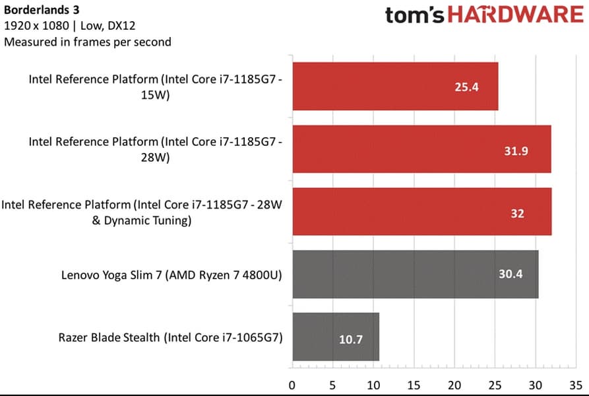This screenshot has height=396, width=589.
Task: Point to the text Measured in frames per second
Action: pos(88,42)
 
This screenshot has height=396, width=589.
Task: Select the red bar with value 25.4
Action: pos(394,86)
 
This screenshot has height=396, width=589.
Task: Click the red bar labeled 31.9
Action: pos(421,149)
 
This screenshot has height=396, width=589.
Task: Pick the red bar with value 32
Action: pos(421,212)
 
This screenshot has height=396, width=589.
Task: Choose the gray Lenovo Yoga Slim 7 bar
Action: pos(415,274)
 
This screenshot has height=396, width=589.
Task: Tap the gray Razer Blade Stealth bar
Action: pos(335,337)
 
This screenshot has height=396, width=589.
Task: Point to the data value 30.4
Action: pos(510,274)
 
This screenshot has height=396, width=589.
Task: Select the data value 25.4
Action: pos(466,86)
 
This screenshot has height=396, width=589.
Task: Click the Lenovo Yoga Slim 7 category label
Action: pos(171,275)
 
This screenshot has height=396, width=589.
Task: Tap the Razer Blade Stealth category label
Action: pos(170,337)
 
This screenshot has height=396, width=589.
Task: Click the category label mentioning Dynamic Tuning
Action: pos(142,213)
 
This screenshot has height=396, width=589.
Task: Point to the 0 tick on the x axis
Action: pos(292,383)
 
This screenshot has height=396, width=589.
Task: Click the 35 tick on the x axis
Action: pos(576,383)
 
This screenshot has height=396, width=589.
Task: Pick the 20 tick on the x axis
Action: pos(454,383)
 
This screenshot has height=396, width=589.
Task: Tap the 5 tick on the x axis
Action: pos(333,383)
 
